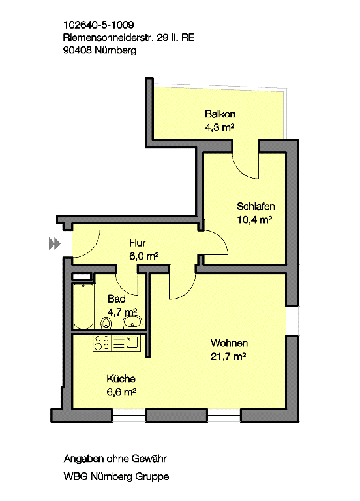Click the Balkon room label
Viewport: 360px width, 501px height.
click(x=220, y=114)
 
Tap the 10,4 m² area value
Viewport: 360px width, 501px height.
click(x=254, y=220)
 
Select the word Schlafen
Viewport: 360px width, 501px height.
click(x=256, y=206)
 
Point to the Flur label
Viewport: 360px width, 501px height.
click(x=138, y=243)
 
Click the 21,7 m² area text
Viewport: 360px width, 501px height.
click(x=228, y=356)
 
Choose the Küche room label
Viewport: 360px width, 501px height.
click(x=121, y=378)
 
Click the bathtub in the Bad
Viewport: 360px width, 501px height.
click(x=83, y=306)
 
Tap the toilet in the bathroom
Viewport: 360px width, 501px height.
click(x=106, y=323)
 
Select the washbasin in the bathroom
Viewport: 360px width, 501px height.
click(x=132, y=322)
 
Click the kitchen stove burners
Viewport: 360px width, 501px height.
click(x=102, y=342)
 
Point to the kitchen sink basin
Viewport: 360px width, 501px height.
click(x=132, y=342)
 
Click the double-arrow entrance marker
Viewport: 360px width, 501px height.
click(x=54, y=243)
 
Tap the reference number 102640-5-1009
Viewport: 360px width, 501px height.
click(x=98, y=25)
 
